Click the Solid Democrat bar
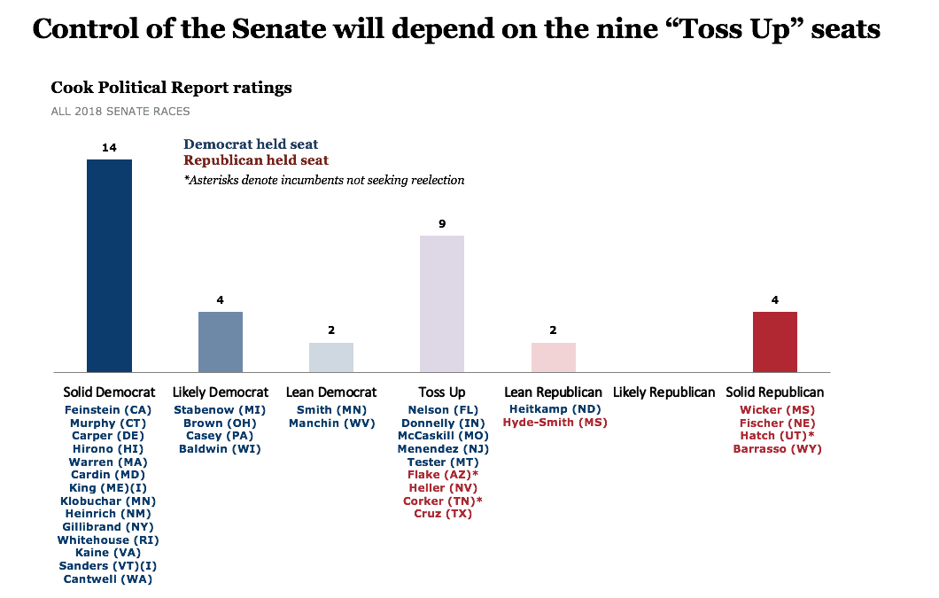109,266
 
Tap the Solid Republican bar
774,342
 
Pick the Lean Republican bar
553,357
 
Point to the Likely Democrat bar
220,342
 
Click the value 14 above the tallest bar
109,148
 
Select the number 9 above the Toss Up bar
441,224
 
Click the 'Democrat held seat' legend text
251,144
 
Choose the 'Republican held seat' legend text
256,160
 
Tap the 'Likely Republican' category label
664,392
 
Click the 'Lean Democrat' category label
331,392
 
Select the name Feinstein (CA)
108,409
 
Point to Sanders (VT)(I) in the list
108,565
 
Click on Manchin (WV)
330,423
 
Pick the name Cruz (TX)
442,514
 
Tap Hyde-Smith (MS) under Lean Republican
555,423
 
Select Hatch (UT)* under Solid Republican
777,436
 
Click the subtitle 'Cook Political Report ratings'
171,88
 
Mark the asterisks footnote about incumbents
323,180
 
